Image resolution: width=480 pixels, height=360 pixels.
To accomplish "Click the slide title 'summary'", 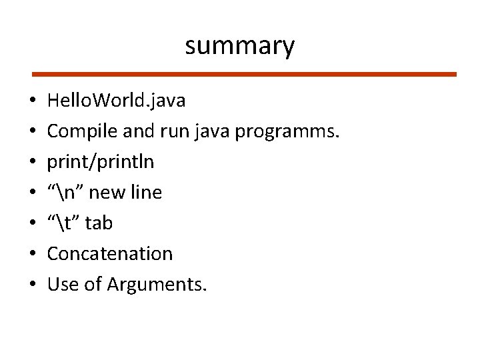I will click(239, 46).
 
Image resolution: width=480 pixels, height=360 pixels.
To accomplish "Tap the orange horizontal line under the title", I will click(245, 74).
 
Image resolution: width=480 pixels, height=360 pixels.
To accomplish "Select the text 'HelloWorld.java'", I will click(117, 101).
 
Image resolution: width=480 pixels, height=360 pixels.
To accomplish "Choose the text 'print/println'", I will click(101, 162).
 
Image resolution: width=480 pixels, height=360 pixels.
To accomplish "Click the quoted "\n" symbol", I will click(65, 192).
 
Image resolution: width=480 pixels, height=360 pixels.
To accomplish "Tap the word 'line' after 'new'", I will click(147, 192).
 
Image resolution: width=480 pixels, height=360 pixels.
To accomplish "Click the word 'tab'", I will click(99, 223).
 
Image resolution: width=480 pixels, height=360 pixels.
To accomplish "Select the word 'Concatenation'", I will click(110, 253).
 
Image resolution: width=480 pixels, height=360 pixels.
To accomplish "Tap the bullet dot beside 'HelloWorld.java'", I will click(32, 102).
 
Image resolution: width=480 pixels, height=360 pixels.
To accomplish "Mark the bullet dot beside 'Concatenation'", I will click(32, 255).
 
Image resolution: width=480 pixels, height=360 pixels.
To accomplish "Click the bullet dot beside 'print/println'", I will click(32, 163).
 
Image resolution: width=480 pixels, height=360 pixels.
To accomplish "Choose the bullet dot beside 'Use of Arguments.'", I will click(32, 285).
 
